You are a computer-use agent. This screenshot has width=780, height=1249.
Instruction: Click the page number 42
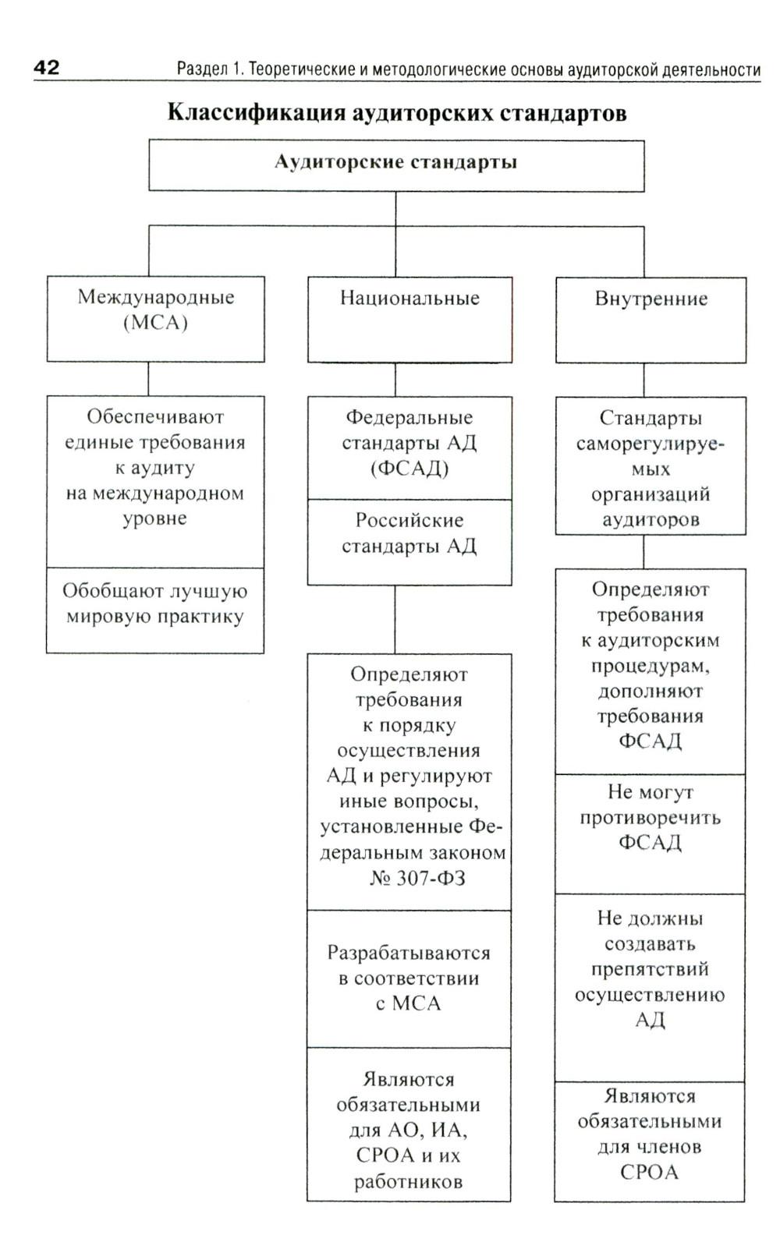pos(46,67)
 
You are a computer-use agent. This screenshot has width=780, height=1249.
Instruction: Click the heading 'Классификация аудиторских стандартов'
pos(397,113)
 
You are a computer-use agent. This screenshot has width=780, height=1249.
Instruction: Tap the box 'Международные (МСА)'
pos(155,318)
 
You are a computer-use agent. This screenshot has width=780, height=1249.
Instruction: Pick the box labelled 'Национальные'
pos(409,319)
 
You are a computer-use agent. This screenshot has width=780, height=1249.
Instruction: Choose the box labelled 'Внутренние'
pos(651,319)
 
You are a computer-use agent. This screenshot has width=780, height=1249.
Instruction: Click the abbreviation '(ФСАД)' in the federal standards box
pos(409,469)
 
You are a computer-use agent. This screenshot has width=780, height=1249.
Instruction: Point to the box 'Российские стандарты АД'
pos(409,542)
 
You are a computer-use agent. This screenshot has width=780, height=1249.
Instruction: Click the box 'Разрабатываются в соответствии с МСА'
pos(409,978)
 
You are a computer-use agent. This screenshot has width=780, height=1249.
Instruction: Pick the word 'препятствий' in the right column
pos(650,969)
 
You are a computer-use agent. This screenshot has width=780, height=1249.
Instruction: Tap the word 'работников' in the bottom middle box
pos(408,1181)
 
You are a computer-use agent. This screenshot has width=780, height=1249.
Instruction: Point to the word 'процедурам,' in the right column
pos(650,667)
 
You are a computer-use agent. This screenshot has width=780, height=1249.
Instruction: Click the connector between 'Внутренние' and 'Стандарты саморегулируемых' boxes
pos(644,380)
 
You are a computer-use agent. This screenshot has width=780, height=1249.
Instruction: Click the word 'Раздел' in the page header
pos(201,69)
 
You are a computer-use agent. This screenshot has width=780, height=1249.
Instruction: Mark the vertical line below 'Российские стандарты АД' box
pos(395,619)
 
